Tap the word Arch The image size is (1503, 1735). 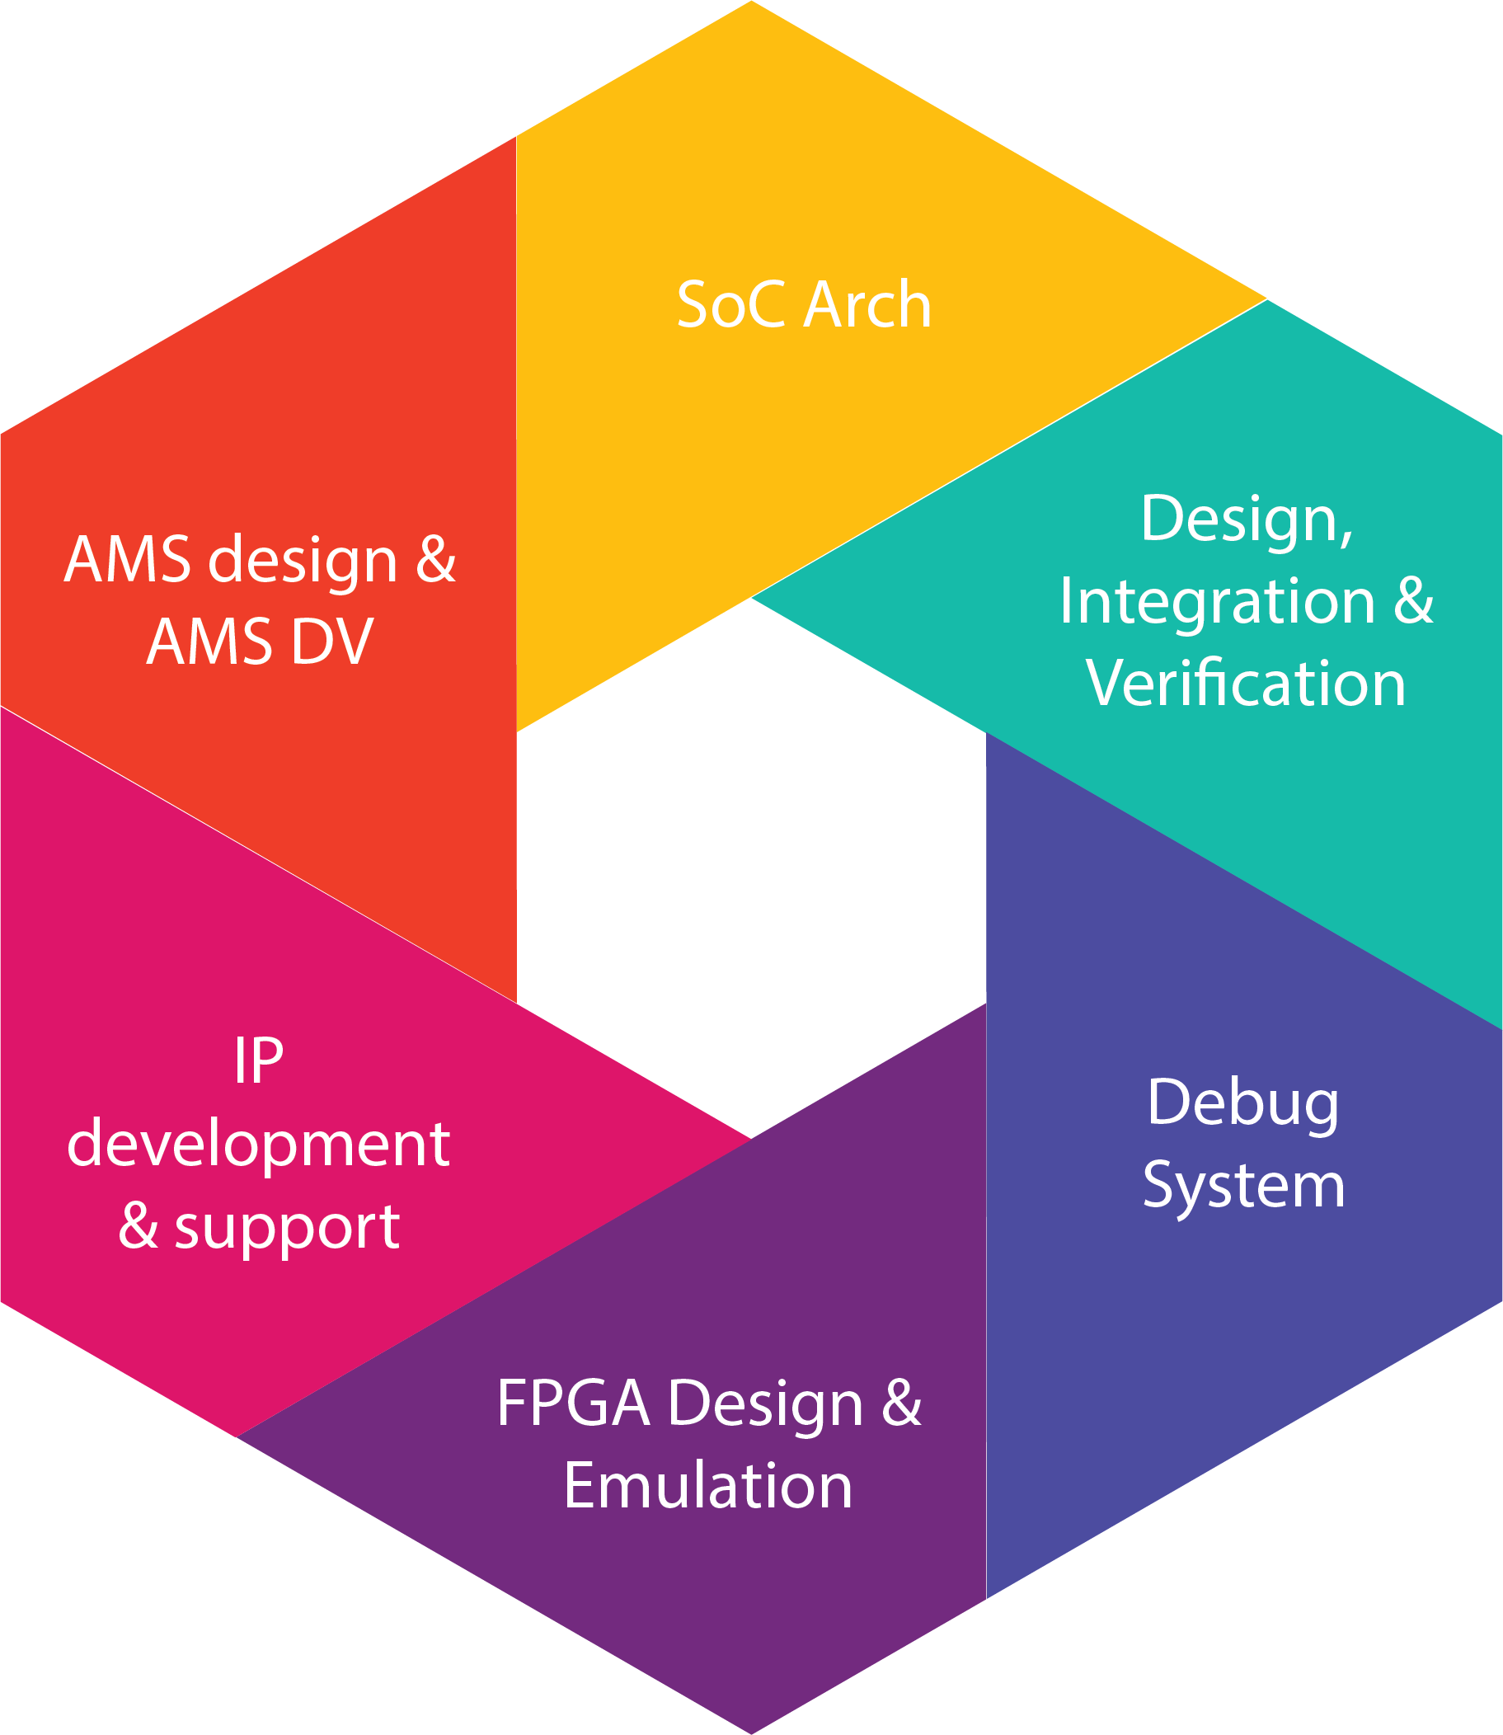[867, 304]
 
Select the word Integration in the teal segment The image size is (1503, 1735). [1217, 601]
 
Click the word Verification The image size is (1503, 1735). [1246, 683]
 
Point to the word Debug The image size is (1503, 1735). [1243, 1104]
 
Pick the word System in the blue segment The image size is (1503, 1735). [1244, 1186]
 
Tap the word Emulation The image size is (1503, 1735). [708, 1485]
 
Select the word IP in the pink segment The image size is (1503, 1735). [258, 1061]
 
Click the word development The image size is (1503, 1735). [258, 1144]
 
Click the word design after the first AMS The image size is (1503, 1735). [302, 561]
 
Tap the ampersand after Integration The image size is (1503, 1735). [1414, 601]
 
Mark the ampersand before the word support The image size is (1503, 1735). [139, 1226]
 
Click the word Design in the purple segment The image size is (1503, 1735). [765, 1404]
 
